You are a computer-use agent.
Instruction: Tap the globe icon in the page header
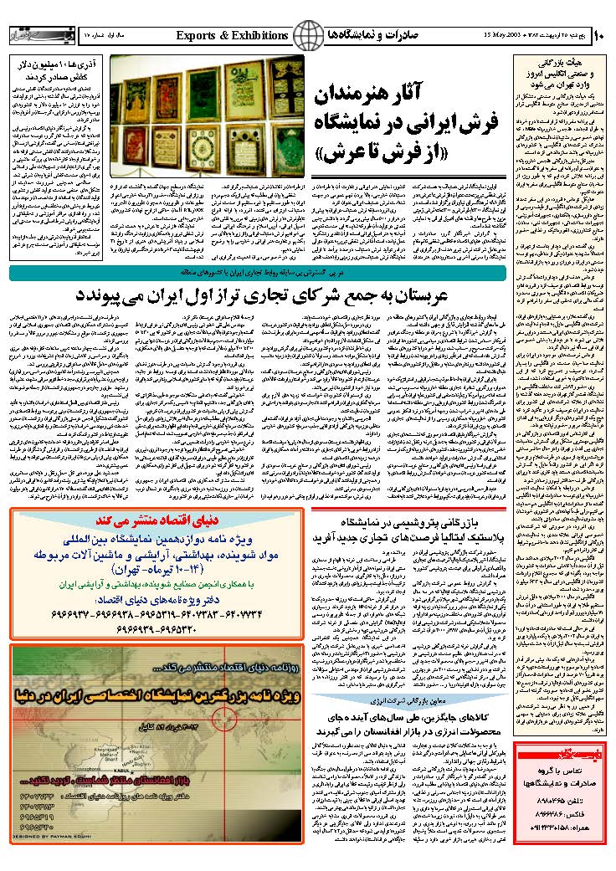pos(311,35)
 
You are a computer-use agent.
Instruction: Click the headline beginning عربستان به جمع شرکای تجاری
pos(293,295)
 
